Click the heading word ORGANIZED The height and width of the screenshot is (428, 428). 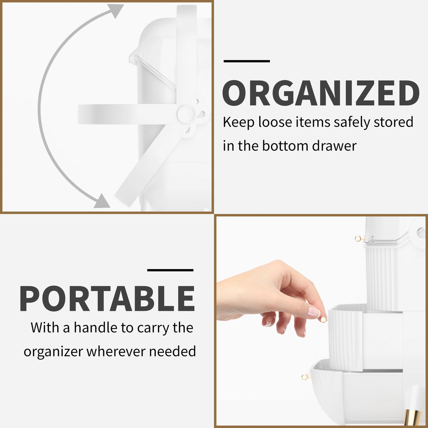(321, 93)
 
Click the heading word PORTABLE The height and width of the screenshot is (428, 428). (107, 298)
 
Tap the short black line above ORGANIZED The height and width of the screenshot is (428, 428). (247, 61)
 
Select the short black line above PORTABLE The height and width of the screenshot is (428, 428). (171, 270)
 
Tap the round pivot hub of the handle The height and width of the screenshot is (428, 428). (186, 113)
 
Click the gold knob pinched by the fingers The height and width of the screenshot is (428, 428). (323, 320)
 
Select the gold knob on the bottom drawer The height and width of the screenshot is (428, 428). (304, 377)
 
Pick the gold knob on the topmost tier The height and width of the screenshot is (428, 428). (358, 239)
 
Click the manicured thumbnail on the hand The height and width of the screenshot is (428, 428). (313, 312)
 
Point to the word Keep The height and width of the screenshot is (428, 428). (238, 122)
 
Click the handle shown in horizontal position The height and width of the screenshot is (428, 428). (125, 114)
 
